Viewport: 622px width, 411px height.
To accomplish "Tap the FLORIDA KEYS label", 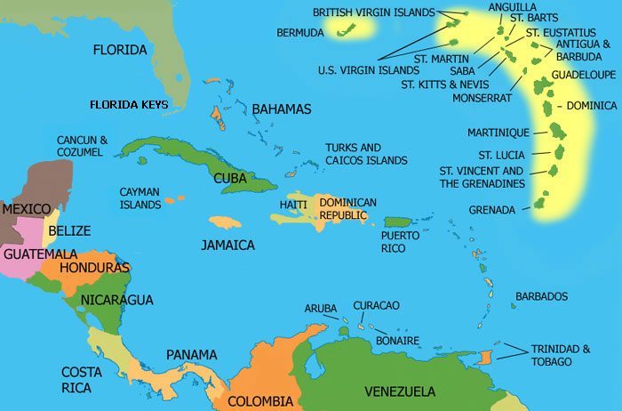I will [x=129, y=105].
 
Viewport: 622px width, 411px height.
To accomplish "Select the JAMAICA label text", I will [x=227, y=245].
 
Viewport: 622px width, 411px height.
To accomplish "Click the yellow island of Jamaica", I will [x=225, y=222].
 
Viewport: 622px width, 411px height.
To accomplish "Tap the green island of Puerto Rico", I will [x=396, y=222].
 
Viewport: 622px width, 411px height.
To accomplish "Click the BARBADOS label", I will [x=541, y=296].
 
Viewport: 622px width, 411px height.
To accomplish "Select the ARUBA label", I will [x=321, y=309].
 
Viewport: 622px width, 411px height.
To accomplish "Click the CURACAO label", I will [x=376, y=306].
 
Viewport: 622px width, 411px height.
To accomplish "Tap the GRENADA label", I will [x=492, y=211].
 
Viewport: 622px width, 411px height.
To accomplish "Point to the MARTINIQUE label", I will [x=498, y=133].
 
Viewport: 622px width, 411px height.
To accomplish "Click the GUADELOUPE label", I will [x=583, y=76].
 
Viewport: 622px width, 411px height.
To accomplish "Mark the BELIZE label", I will [x=69, y=230].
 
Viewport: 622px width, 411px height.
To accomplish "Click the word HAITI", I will [x=293, y=205].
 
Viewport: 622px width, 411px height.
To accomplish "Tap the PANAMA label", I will [x=191, y=355].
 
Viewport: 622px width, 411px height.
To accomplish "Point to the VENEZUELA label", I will [x=400, y=391].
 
